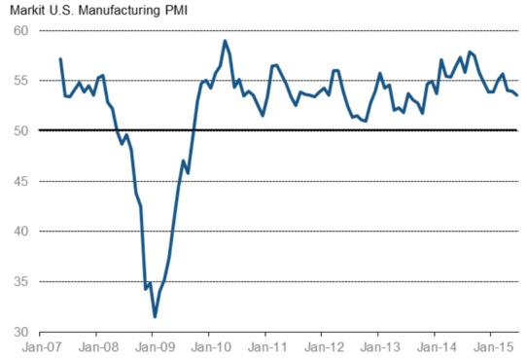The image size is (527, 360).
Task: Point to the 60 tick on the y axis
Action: coord(19,30)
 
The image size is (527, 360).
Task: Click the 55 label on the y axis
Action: coord(19,80)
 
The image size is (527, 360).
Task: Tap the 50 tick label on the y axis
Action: coord(19,130)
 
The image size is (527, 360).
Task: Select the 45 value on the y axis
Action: coord(19,181)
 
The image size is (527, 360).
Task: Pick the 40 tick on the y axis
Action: coord(19,231)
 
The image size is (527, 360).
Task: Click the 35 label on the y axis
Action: coord(19,281)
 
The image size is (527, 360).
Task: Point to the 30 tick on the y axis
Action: coord(19,332)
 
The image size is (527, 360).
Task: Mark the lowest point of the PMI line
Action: coord(154,316)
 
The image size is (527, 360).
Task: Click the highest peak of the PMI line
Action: coord(225,41)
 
